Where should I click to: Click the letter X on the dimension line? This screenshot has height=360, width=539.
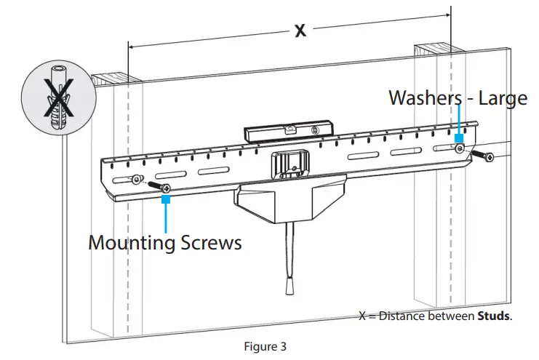[299, 31]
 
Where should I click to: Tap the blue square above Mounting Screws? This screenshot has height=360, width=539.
[167, 198]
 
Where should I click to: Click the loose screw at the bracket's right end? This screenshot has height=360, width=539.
[482, 156]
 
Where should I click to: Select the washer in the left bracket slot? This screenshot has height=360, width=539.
[136, 180]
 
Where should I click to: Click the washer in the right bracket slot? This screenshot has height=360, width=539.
[460, 148]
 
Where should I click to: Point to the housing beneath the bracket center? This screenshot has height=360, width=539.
[284, 204]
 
